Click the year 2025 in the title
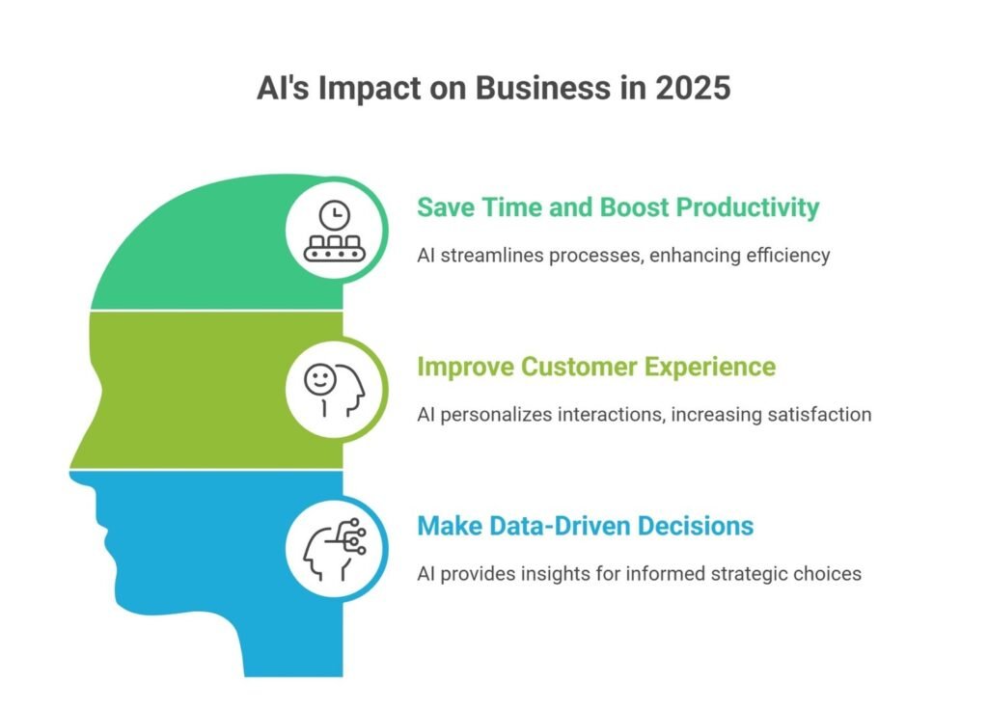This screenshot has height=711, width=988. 693,88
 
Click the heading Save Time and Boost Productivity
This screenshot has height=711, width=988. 618,207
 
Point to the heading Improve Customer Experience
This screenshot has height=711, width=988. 596,368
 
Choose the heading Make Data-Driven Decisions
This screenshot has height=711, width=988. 586,526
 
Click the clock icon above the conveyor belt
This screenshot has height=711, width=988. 335,215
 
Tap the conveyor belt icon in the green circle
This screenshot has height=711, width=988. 335,249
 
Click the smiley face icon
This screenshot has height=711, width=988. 319,379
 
